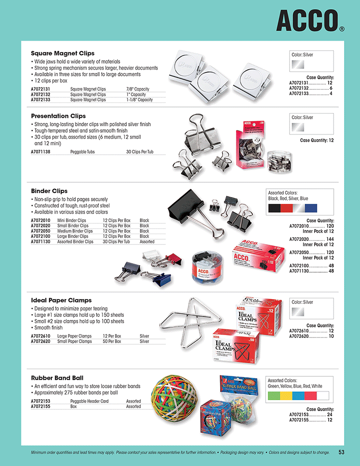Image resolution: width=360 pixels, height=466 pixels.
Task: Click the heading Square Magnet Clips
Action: (x=63, y=53)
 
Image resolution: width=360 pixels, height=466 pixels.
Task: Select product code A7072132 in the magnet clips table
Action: (x=41, y=94)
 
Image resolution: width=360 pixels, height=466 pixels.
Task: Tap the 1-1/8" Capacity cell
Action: (x=139, y=100)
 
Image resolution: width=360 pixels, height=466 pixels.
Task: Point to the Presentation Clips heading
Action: (x=58, y=116)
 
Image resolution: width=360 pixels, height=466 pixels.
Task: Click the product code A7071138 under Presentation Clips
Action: (x=41, y=152)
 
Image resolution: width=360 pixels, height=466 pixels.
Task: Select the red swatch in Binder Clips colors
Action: (x=287, y=208)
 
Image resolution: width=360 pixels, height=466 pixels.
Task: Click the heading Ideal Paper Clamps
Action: (x=61, y=300)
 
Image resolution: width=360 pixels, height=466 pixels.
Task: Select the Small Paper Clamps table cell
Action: (x=74, y=341)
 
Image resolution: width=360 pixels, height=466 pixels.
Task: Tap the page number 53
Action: (x=341, y=452)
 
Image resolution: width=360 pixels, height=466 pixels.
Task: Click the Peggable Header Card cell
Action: (x=89, y=401)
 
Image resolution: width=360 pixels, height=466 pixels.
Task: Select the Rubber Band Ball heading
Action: (x=57, y=378)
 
